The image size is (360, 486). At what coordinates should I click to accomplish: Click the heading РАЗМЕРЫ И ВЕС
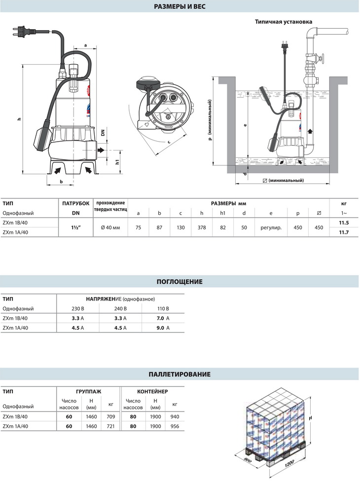click(180, 7)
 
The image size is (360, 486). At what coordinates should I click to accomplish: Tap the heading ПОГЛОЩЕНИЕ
click(180, 282)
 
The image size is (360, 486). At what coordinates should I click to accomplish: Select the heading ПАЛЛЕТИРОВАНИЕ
click(180, 374)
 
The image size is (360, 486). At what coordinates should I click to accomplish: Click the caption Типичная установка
click(284, 22)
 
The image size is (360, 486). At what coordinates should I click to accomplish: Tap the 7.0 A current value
click(161, 319)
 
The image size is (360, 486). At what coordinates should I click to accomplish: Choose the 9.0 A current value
click(161, 328)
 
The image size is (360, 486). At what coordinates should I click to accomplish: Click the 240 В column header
click(120, 309)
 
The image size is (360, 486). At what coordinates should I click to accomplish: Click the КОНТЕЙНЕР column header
click(153, 391)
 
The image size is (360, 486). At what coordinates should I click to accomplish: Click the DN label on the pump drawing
click(103, 133)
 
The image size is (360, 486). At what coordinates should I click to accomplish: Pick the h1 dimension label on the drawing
click(116, 162)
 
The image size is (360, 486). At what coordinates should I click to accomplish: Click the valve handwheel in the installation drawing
click(323, 60)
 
